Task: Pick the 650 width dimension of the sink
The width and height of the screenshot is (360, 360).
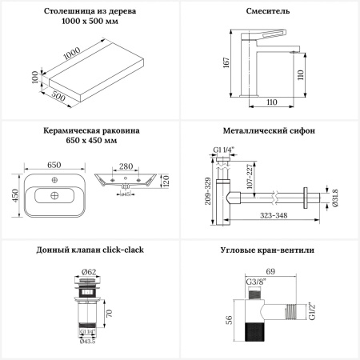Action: tap(54, 164)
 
